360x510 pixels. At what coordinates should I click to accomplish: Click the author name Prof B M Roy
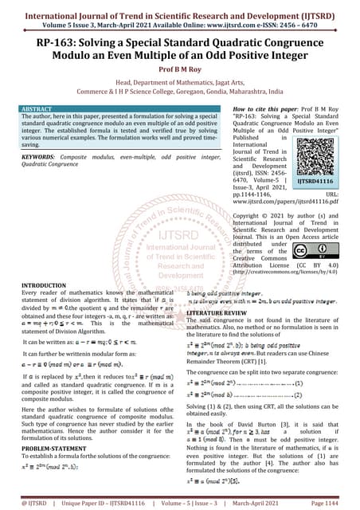point(179,69)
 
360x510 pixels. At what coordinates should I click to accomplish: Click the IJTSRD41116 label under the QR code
point(317,181)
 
